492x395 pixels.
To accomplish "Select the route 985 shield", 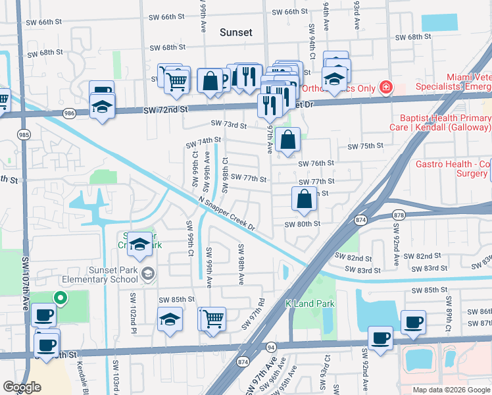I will click(24, 135).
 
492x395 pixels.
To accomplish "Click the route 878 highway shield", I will click(398, 215).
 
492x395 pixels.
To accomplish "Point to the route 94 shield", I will click(270, 346).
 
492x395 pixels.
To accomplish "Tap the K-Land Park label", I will click(310, 303).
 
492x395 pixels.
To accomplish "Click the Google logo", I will click(22, 386).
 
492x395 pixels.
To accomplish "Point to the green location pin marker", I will click(60, 298).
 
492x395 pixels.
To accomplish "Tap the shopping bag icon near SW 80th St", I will click(304, 199).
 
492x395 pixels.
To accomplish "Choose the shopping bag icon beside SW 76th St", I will click(288, 140).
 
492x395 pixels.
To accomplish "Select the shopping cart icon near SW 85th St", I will click(214, 319).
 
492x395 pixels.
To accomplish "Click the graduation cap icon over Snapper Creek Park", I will click(139, 244).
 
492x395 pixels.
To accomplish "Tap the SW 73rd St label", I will click(228, 124).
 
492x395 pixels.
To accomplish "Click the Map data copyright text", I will click(450, 390).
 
